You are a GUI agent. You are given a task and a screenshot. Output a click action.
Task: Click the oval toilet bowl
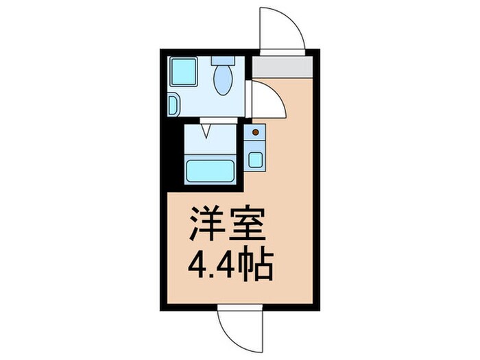[x=223, y=82]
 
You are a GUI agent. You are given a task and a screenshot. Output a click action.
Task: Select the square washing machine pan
[x=183, y=71]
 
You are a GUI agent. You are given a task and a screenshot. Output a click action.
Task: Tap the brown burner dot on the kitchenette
[x=256, y=131]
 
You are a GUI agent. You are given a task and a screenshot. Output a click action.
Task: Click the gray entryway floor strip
[x=282, y=67]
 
